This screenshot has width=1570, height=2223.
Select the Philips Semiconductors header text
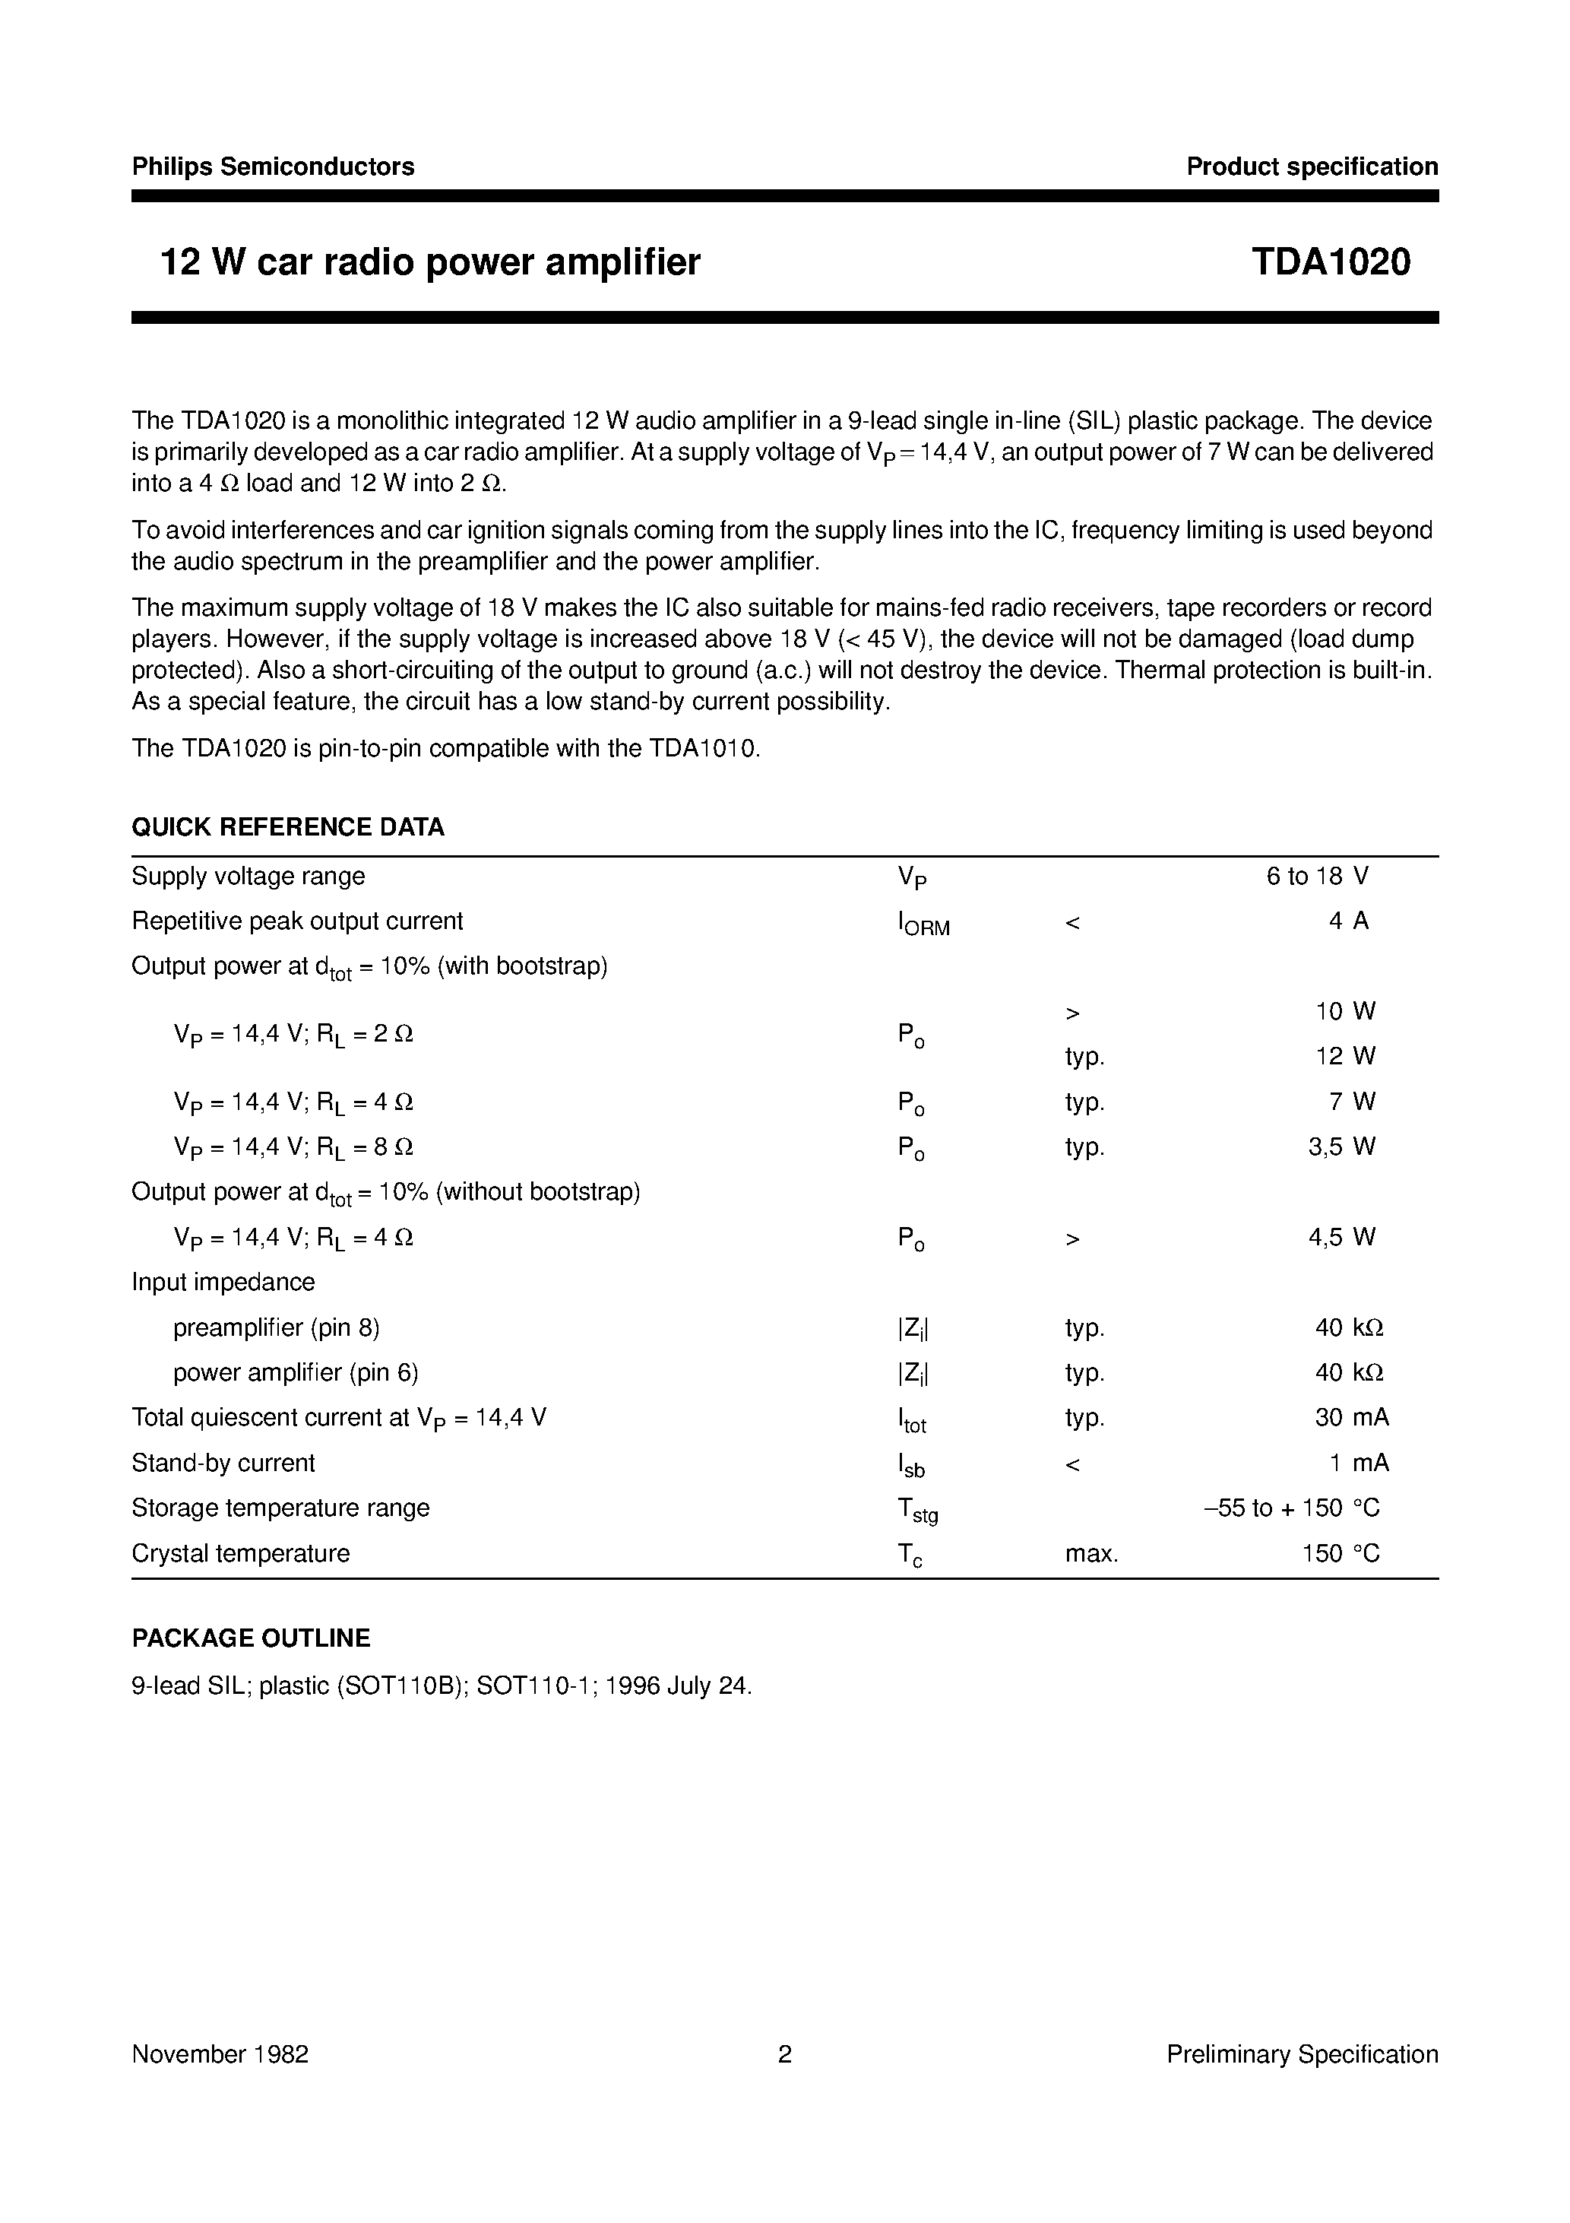pos(273,166)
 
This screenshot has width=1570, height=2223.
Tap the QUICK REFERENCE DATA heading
pos(287,827)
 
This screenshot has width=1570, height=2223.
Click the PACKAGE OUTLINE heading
pos(251,1638)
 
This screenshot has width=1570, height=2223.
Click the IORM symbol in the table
pos(923,924)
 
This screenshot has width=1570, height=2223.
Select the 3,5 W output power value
pos(1341,1147)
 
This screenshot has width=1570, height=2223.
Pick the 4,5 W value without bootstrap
pos(1341,1238)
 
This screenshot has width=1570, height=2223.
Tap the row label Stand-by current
pos(223,1463)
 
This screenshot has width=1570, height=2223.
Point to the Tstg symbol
pos(916,1509)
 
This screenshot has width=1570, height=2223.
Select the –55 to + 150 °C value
pos(1291,1508)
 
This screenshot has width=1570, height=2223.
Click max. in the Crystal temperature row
pos(1091,1554)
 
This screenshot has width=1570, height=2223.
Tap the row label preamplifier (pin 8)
pos(276,1327)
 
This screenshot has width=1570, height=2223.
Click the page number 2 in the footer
pos(785,2054)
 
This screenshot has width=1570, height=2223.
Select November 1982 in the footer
pos(220,2054)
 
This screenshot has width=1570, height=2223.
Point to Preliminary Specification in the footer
pos(1302,2054)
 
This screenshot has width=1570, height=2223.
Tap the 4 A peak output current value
pos(1347,921)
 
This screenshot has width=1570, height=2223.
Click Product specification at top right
pos(1312,166)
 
